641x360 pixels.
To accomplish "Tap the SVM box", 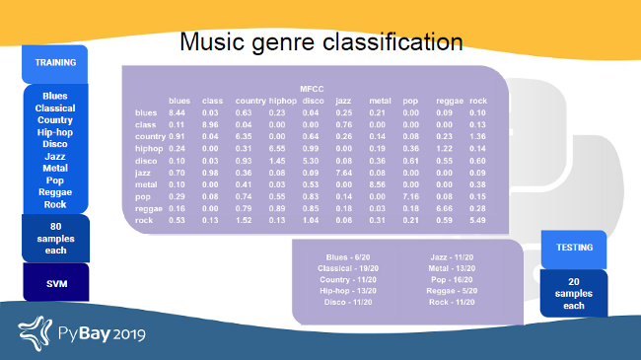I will (55, 282).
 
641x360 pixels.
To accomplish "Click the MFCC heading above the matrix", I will (312, 89).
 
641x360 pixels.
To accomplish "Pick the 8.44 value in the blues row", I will (178, 112).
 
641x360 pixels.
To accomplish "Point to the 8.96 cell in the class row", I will (211, 124).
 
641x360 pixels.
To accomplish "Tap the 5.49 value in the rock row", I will (477, 219).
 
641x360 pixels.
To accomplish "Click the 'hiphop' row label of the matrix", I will (147, 148).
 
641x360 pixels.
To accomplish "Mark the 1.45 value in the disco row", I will (277, 160).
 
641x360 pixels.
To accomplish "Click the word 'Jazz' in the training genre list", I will (55, 157).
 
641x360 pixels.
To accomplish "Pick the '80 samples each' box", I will (55, 239).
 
